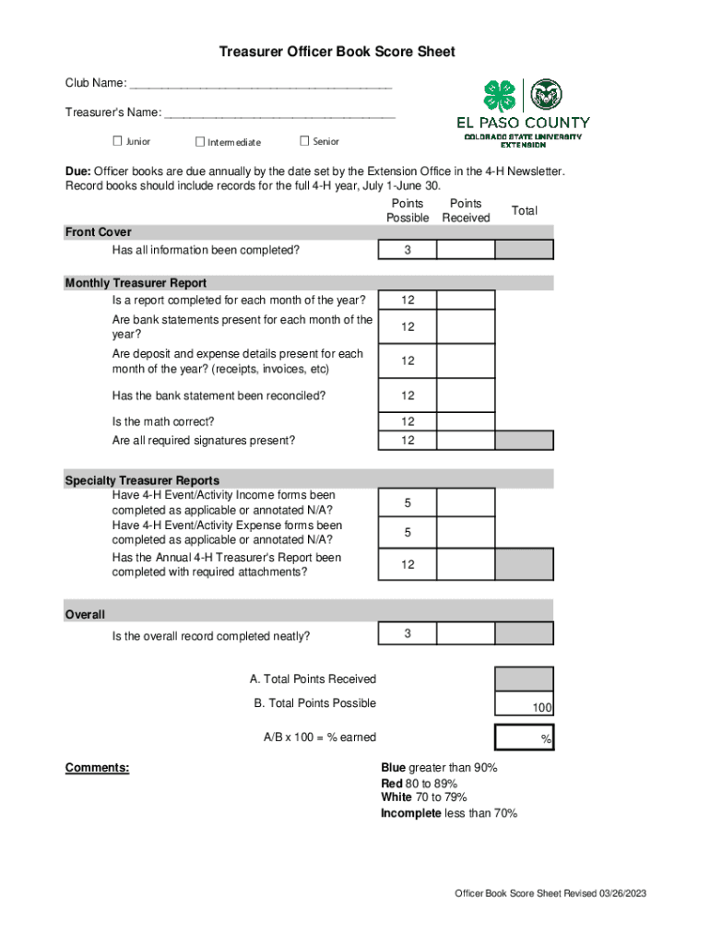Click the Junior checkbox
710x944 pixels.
coord(117,141)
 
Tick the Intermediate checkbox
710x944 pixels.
coord(200,141)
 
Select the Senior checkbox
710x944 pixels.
coord(305,141)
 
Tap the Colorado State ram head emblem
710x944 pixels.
coord(546,94)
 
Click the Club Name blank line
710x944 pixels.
coord(261,85)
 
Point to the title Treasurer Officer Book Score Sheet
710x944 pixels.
coord(337,53)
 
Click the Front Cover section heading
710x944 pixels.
coord(98,232)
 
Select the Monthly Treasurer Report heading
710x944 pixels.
coord(136,283)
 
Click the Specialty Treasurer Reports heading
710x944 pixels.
coord(142,480)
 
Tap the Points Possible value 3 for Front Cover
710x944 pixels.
coord(407,250)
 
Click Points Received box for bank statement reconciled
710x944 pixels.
coord(466,396)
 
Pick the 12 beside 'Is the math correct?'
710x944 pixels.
coord(407,421)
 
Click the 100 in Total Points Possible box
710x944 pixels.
coord(541,708)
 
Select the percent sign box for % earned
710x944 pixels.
coord(525,738)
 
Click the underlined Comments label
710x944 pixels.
coord(97,768)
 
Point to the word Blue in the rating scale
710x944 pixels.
coord(394,768)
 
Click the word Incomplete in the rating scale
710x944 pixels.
coord(411,813)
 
